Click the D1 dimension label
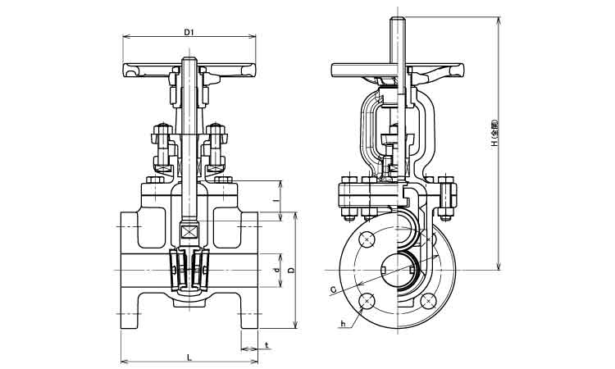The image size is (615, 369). (188, 32)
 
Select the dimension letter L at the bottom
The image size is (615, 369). (188, 356)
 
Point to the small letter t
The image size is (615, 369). (267, 345)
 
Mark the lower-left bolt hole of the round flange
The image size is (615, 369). (367, 302)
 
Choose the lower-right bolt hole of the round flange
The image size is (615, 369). (429, 302)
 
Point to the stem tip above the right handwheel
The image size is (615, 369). (398, 20)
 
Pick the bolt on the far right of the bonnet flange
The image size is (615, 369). (447, 198)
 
